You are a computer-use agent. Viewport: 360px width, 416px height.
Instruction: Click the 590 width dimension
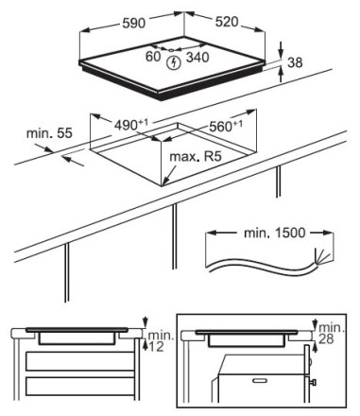[134, 23]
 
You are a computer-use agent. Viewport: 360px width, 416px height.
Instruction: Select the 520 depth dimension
[227, 22]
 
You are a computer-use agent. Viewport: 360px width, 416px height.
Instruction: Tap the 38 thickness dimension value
[295, 62]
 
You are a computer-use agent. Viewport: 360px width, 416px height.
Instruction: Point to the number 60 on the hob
[153, 57]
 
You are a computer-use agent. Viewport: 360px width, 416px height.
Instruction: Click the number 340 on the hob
[197, 57]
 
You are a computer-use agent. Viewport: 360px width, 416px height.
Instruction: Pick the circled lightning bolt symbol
[173, 63]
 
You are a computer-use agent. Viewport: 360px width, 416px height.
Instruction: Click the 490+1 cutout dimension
[130, 125]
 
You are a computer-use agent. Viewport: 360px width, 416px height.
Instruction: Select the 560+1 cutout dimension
[226, 126]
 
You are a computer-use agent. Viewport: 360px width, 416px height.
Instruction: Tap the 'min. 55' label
[49, 133]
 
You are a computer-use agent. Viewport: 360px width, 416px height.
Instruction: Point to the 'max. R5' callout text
[196, 156]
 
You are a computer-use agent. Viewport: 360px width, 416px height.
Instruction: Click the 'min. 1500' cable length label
[275, 233]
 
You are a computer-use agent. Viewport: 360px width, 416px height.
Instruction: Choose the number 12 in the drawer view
[156, 347]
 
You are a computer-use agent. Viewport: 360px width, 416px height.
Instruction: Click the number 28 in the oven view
[326, 339]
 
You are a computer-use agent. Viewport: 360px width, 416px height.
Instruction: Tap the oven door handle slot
[261, 380]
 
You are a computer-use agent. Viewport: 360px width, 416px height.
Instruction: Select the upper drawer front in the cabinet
[80, 361]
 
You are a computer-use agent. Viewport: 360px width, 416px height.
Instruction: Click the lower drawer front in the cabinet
[80, 386]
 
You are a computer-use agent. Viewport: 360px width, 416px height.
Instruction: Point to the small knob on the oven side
[313, 383]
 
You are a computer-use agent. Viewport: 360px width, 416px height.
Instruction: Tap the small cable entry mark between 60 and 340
[171, 50]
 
